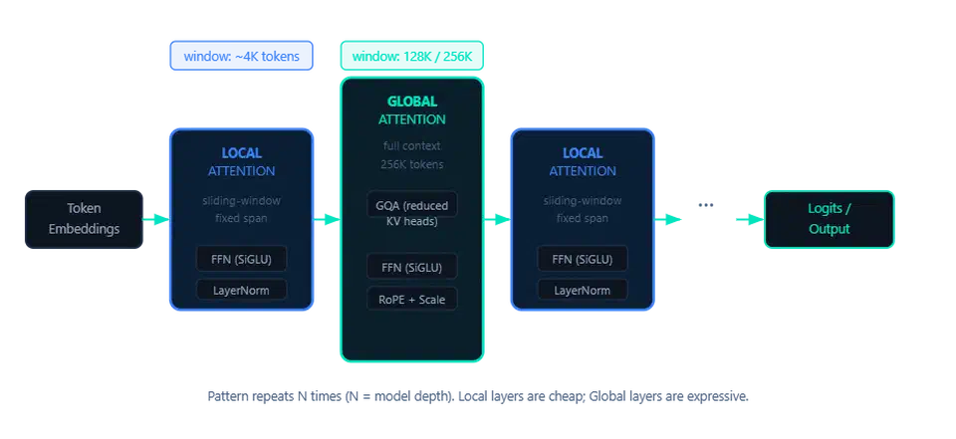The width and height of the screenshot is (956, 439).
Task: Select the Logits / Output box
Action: coord(829,219)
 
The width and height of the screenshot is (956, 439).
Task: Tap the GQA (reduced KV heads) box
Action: coord(411,214)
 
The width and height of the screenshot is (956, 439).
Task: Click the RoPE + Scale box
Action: coord(411,299)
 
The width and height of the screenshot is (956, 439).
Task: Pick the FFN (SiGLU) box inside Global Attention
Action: coord(411,267)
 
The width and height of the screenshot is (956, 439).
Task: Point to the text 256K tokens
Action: coord(411,164)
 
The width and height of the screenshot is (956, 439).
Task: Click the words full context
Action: coord(411,146)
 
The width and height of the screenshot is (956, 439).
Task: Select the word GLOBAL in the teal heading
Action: coord(411,102)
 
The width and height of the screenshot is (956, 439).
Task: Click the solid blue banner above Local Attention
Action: coord(241,56)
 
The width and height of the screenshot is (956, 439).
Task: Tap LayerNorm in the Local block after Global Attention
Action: coord(582,291)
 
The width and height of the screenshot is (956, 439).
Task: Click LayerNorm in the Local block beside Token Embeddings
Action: coord(241,291)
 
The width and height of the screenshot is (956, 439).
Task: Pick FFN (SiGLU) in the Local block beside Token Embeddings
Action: coord(241,260)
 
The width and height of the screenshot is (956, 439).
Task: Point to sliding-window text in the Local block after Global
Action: coord(582,200)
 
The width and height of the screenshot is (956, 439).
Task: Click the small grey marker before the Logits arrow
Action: coord(705,206)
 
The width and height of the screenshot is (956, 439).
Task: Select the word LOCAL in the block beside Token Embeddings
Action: coord(241,153)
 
